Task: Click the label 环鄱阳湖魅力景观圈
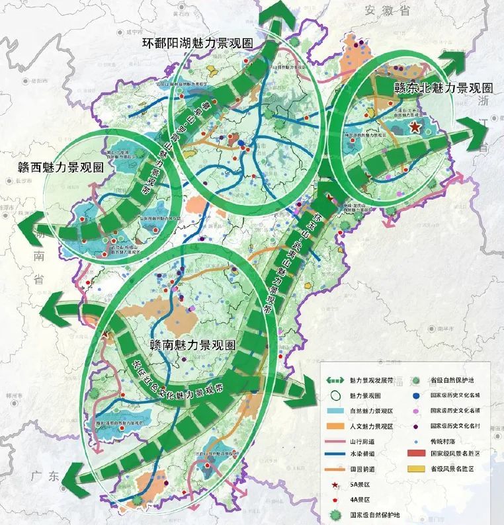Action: click(198, 44)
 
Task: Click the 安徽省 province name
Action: click(386, 10)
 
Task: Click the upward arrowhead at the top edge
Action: click(273, 15)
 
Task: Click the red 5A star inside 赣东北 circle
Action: click(415, 126)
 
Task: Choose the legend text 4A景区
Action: click(360, 500)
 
